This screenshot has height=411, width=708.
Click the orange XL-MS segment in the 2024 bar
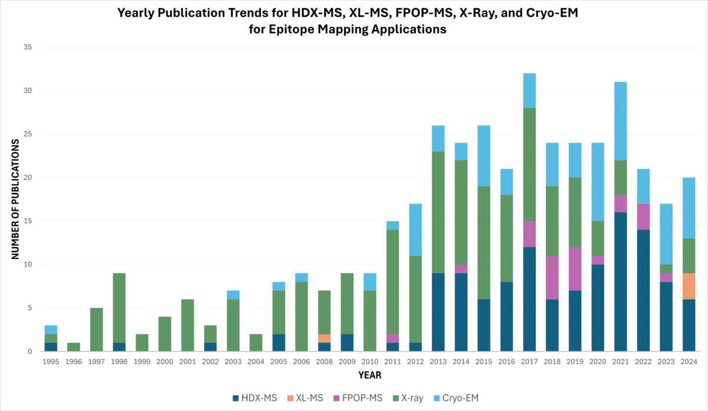(x=689, y=286)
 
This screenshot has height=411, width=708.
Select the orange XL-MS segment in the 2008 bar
(x=324, y=338)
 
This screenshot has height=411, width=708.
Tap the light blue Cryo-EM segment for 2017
(x=529, y=91)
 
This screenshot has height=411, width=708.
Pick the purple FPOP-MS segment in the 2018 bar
(x=552, y=278)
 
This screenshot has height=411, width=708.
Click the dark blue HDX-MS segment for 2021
(x=621, y=282)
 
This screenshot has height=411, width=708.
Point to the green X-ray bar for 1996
(x=74, y=347)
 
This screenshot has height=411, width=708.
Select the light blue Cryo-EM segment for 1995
(x=51, y=330)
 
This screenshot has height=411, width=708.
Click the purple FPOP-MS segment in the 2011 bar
(x=392, y=338)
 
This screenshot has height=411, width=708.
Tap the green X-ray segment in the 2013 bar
(x=438, y=212)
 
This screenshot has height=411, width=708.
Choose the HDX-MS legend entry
(x=255, y=398)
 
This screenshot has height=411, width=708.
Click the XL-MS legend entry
(x=305, y=398)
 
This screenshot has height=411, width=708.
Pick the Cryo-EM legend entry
(x=456, y=398)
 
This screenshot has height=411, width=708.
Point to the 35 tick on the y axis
(x=28, y=47)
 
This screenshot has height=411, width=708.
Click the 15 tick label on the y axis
(x=28, y=221)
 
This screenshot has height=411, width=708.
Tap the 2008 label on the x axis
(x=324, y=361)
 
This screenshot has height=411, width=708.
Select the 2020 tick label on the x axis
(x=598, y=361)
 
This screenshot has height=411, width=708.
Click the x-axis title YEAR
(x=370, y=375)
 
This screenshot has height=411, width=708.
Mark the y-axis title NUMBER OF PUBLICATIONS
(x=15, y=199)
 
